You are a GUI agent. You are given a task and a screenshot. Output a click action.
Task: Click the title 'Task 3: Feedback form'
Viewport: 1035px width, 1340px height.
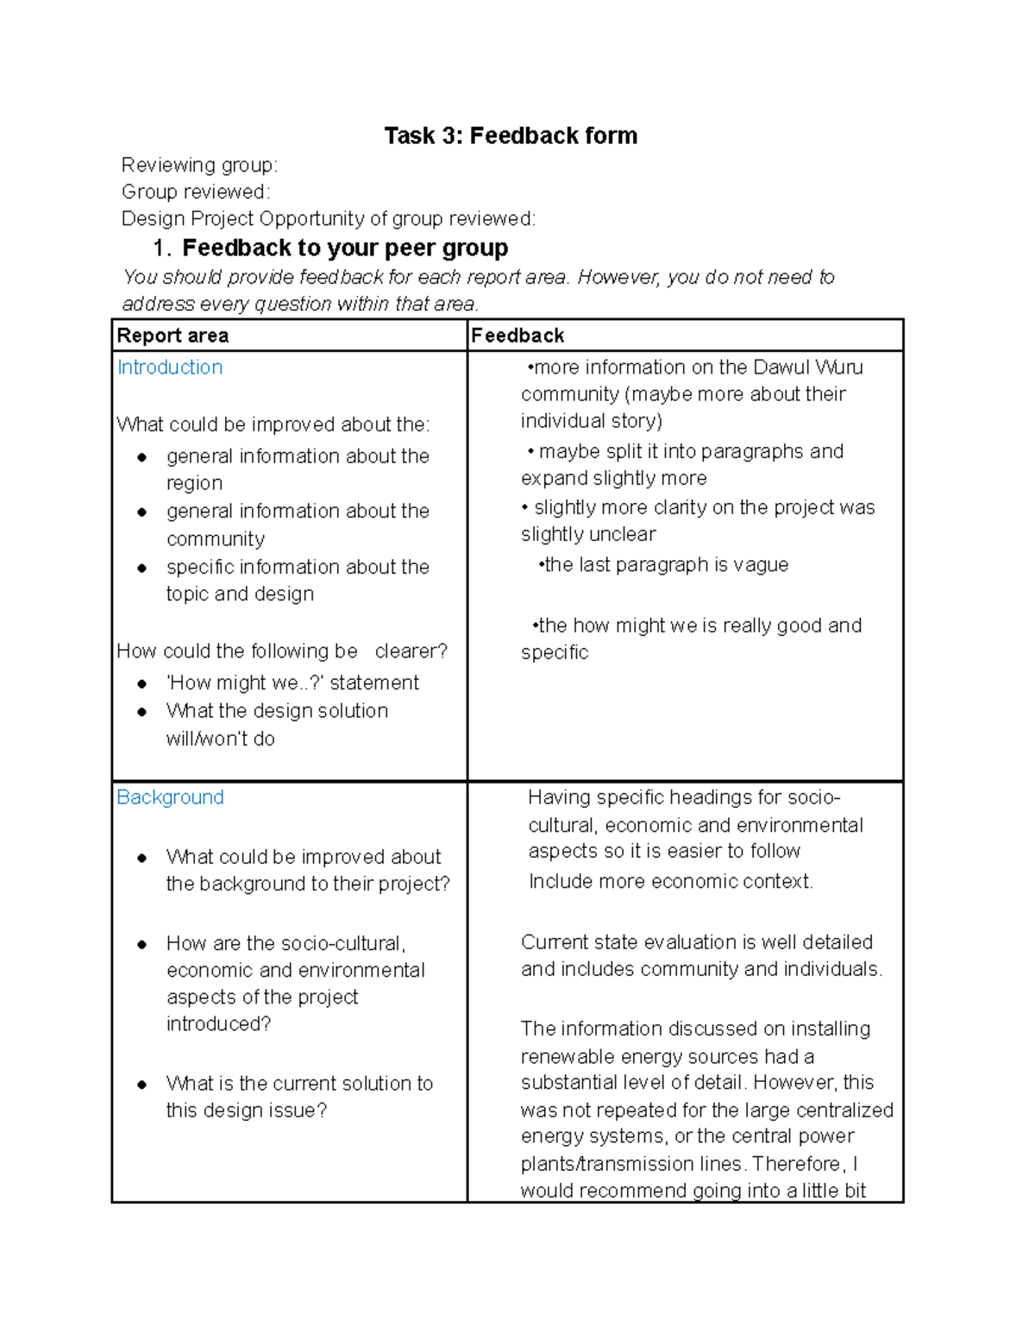coord(511,135)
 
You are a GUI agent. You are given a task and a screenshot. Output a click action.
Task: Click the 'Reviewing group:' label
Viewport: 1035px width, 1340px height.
coord(199,165)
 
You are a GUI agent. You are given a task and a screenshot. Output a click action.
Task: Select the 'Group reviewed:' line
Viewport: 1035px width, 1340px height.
coord(196,192)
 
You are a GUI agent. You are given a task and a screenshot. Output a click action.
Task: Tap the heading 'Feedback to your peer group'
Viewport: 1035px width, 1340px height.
coord(345,248)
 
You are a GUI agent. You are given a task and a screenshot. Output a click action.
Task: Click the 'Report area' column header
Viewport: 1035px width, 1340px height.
coord(172,336)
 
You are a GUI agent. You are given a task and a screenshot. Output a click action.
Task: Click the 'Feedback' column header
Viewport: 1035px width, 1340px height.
coord(517,336)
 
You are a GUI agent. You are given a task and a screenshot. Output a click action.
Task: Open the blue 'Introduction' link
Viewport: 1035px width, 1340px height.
coord(170,368)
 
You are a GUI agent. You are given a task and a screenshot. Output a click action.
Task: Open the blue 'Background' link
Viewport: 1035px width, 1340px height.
coord(170,797)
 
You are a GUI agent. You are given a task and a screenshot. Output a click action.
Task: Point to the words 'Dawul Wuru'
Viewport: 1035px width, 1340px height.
coord(807,368)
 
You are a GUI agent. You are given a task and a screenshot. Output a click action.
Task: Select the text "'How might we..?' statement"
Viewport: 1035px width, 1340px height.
coord(292,683)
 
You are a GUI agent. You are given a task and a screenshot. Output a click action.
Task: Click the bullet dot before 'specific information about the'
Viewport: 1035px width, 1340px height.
coord(142,568)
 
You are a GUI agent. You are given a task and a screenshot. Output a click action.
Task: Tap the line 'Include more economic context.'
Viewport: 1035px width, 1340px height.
coord(670,882)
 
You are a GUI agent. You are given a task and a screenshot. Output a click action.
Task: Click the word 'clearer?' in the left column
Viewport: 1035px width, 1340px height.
coord(411,651)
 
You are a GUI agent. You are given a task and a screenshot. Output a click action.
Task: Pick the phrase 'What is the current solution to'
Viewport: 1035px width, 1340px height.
coord(299,1084)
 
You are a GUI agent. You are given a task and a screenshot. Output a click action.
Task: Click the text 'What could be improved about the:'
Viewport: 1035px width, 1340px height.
coord(273,425)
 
